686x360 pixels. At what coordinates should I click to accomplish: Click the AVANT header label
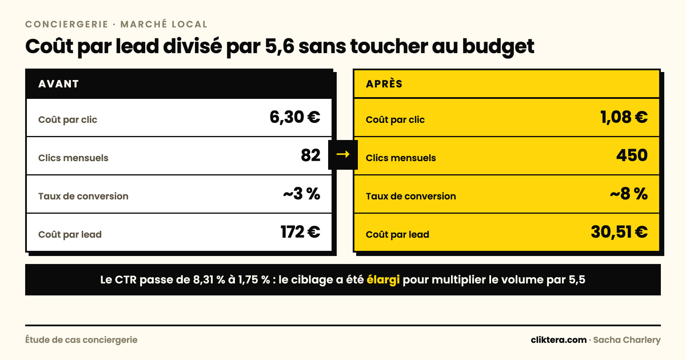pyautogui.click(x=58, y=84)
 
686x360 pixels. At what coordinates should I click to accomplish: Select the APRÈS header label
pyautogui.click(x=384, y=83)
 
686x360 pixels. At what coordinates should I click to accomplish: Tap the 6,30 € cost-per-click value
pyautogui.click(x=295, y=117)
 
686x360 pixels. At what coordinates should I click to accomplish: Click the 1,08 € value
pyautogui.click(x=624, y=117)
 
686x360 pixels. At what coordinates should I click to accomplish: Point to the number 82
pyautogui.click(x=310, y=155)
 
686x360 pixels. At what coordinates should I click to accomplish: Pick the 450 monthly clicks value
pyautogui.click(x=632, y=155)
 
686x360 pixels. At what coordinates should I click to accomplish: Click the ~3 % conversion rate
pyautogui.click(x=302, y=194)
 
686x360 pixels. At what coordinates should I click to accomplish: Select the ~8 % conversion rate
pyautogui.click(x=629, y=194)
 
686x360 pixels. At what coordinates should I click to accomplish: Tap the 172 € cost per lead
pyautogui.click(x=301, y=232)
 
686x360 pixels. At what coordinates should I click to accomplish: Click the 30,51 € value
pyautogui.click(x=619, y=232)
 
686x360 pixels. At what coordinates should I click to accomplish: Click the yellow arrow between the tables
pyautogui.click(x=343, y=154)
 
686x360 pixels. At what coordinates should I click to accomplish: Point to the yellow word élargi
pyautogui.click(x=383, y=280)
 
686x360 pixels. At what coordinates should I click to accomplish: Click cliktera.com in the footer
pyautogui.click(x=559, y=340)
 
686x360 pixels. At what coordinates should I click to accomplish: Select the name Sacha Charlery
pyautogui.click(x=627, y=340)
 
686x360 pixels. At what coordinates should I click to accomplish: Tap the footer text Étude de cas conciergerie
pyautogui.click(x=81, y=340)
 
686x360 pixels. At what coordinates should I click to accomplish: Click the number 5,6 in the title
pyautogui.click(x=280, y=46)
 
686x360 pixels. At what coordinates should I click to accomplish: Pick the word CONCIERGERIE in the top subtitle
pyautogui.click(x=67, y=24)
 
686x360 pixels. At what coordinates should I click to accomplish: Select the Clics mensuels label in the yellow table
pyautogui.click(x=401, y=158)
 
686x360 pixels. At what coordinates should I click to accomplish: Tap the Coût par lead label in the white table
pyautogui.click(x=70, y=234)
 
